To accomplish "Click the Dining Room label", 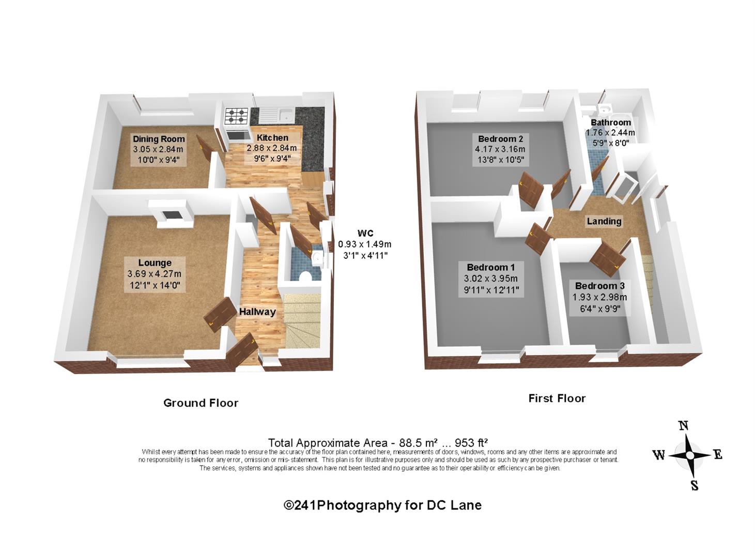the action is pyautogui.click(x=159, y=139).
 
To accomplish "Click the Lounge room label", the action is pyautogui.click(x=155, y=263).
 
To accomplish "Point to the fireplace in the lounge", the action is pyautogui.click(x=171, y=214).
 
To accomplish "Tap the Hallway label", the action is pyautogui.click(x=257, y=312).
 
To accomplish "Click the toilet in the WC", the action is pyautogui.click(x=305, y=276).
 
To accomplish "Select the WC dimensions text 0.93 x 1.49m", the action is pyautogui.click(x=364, y=244).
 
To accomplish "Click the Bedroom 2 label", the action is pyautogui.click(x=500, y=139).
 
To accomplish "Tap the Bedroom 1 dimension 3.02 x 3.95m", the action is pyautogui.click(x=490, y=278).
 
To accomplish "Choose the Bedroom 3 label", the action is pyautogui.click(x=600, y=286).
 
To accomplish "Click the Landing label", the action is pyautogui.click(x=604, y=221).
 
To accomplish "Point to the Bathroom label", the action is pyautogui.click(x=611, y=122).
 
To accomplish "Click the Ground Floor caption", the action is pyautogui.click(x=201, y=403).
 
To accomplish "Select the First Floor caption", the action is pyautogui.click(x=557, y=398).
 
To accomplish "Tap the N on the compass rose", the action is pyautogui.click(x=683, y=426).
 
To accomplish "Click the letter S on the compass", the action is pyautogui.click(x=695, y=486).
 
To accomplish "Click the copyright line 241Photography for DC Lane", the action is pyautogui.click(x=382, y=505).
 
